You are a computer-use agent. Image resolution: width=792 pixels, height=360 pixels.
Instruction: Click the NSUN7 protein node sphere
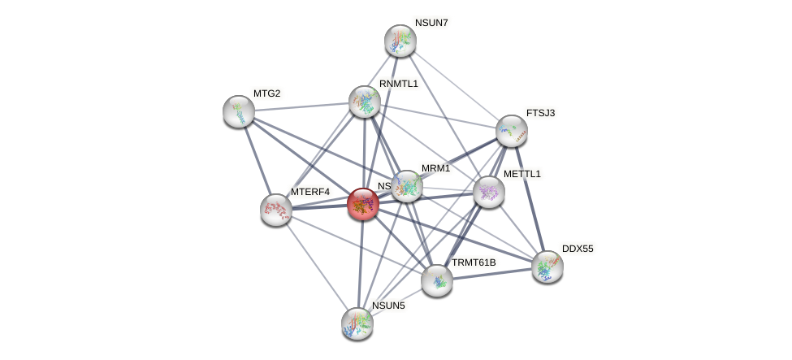click(400, 41)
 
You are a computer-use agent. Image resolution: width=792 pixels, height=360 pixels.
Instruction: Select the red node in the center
click(362, 204)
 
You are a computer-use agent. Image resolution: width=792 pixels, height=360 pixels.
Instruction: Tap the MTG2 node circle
click(239, 111)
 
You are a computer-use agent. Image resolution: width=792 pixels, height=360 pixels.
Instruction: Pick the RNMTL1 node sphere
click(365, 102)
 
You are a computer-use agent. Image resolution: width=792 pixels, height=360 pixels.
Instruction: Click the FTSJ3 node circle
click(512, 131)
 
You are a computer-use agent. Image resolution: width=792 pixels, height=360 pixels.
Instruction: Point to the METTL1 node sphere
click(489, 192)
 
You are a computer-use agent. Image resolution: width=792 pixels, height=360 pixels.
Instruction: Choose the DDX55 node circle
click(547, 266)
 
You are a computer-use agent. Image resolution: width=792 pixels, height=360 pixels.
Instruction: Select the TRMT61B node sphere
click(437, 280)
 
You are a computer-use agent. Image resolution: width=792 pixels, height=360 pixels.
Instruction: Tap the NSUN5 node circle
click(357, 323)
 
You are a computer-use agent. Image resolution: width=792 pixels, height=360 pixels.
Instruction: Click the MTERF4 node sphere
click(276, 210)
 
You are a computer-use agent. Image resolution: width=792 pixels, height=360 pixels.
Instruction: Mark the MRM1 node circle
click(407, 186)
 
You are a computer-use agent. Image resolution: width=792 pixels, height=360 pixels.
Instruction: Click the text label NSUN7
click(431, 23)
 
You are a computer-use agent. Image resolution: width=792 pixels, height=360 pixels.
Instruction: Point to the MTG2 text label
click(266, 93)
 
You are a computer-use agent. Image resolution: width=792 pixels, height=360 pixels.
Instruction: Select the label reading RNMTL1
click(398, 84)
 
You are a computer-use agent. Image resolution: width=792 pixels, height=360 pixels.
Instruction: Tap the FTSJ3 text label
click(540, 113)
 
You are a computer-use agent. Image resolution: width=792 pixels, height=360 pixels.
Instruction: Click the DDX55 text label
click(577, 249)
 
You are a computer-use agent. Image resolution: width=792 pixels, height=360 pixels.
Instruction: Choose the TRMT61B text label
click(474, 262)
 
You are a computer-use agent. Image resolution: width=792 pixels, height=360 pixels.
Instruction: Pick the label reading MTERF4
click(310, 192)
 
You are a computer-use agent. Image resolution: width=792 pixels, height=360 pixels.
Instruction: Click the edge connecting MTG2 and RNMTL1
click(301, 106)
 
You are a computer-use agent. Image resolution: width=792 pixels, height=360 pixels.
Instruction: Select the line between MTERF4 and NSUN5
click(317, 266)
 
